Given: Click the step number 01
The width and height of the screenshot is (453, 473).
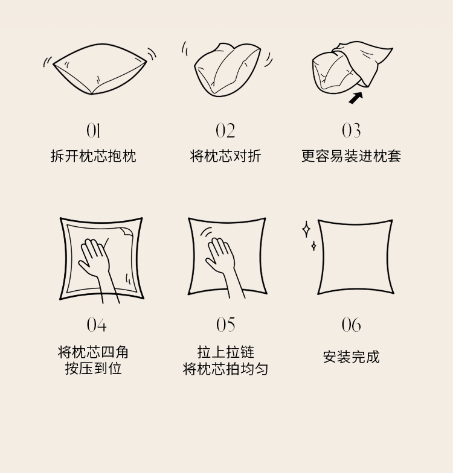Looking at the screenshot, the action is pyautogui.click(x=93, y=130).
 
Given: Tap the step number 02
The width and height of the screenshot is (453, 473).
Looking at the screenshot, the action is pyautogui.click(x=225, y=130).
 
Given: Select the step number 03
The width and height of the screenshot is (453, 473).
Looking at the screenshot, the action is pyautogui.click(x=352, y=130).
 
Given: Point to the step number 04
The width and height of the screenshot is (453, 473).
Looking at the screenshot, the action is pyautogui.click(x=97, y=325).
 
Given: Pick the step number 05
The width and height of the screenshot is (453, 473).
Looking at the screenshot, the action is pyautogui.click(x=226, y=325).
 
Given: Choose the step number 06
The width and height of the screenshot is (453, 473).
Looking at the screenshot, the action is pyautogui.click(x=352, y=325).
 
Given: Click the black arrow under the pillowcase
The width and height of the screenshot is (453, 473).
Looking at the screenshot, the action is pyautogui.click(x=356, y=98).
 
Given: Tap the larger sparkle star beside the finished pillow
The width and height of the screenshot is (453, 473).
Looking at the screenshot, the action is pyautogui.click(x=306, y=229).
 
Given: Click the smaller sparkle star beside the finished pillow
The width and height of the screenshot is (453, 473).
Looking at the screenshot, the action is pyautogui.click(x=314, y=246).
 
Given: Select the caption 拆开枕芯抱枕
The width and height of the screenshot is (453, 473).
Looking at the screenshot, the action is pyautogui.click(x=93, y=156).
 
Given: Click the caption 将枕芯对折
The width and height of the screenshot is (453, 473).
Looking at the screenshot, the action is pyautogui.click(x=225, y=156).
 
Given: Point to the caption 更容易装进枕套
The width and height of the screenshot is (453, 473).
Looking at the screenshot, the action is pyautogui.click(x=352, y=156).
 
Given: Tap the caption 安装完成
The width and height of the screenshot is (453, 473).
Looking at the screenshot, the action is pyautogui.click(x=352, y=357).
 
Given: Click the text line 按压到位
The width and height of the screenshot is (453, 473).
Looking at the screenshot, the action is pyautogui.click(x=93, y=368).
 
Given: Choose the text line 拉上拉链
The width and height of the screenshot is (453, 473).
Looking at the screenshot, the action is pyautogui.click(x=226, y=352).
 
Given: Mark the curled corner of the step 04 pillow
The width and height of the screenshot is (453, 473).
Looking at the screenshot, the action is pyautogui.click(x=127, y=232).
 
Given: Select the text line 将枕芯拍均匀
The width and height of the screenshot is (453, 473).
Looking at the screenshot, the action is pyautogui.click(x=226, y=369).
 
